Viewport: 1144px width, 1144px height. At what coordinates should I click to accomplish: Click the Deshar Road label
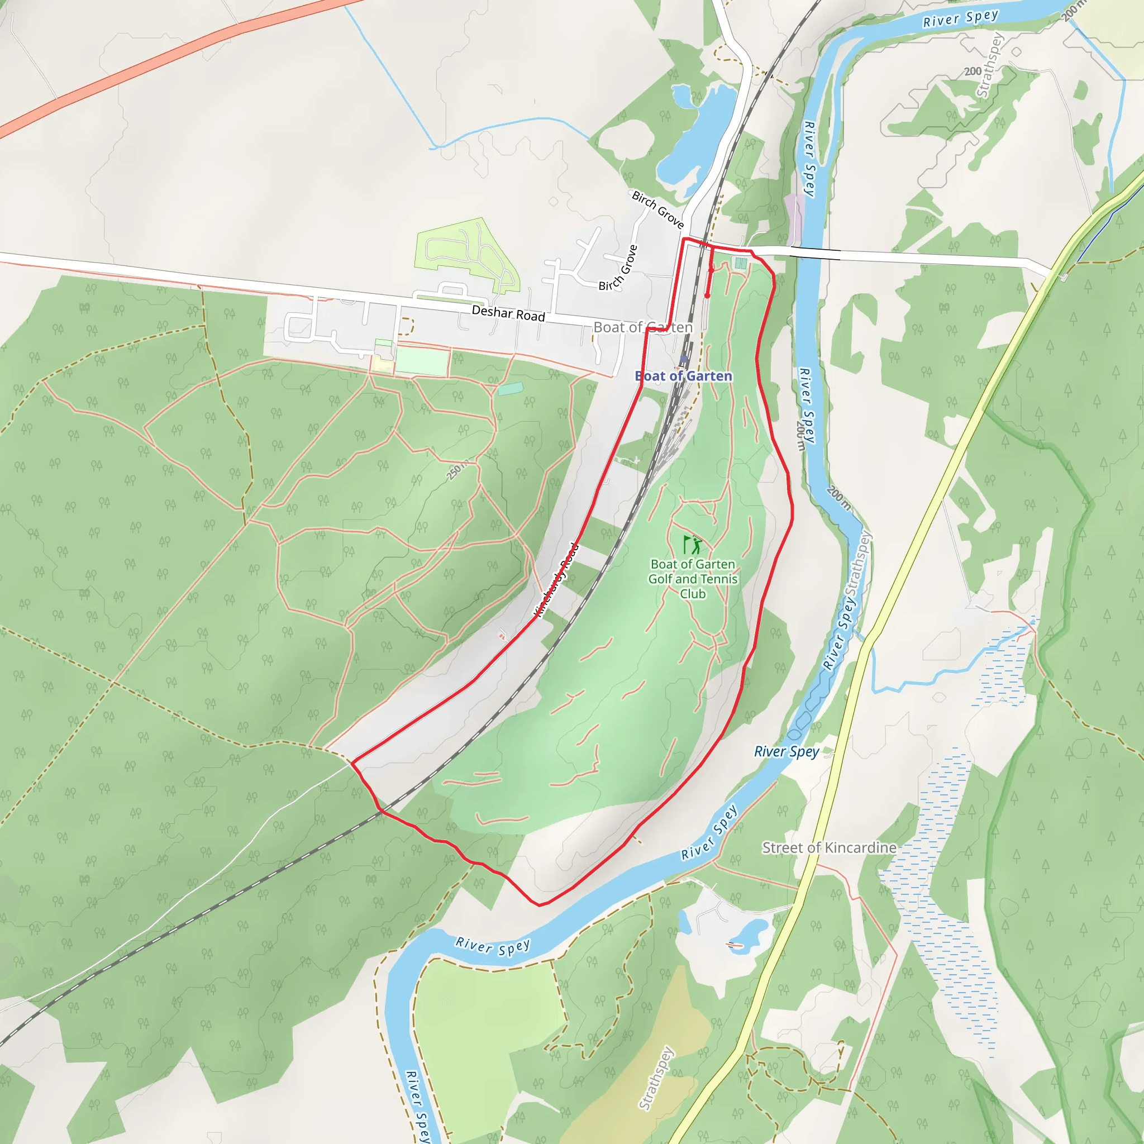pos(508,313)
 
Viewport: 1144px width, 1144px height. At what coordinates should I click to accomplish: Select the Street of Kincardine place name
pos(828,847)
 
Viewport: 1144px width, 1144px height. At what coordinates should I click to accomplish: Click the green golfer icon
pos(692,544)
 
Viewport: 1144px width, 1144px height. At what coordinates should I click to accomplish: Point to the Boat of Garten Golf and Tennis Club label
pos(692,579)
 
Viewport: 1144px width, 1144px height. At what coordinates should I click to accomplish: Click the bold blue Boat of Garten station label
pos(683,376)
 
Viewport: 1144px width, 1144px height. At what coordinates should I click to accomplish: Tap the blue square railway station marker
pos(683,359)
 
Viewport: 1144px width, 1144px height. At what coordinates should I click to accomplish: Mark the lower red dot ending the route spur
pos(707,295)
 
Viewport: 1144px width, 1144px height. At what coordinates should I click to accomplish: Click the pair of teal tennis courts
pos(740,263)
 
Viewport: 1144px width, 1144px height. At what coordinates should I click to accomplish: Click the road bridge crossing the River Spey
pos(815,254)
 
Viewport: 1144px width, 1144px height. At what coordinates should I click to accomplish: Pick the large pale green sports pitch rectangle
pos(422,361)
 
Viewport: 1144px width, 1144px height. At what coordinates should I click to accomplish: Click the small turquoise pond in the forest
pos(511,388)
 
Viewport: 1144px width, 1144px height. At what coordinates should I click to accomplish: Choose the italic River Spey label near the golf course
pos(786,752)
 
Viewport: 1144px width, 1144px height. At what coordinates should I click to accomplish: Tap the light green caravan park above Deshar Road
pos(468,255)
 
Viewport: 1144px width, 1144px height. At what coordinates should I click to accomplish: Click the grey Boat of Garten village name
pos(642,327)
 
